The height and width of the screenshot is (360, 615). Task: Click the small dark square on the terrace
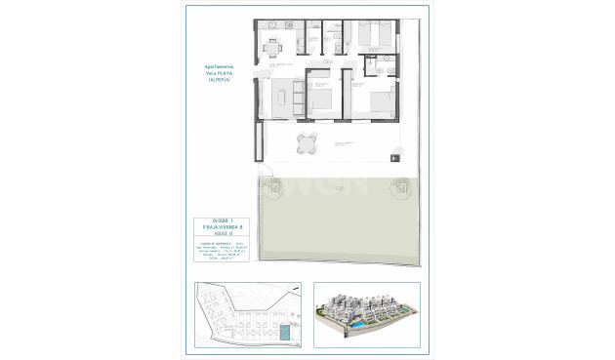pyautogui.click(x=394, y=158)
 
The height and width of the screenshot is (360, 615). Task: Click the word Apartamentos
pyautogui.click(x=217, y=67)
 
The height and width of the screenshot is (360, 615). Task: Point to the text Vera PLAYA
pyautogui.click(x=217, y=74)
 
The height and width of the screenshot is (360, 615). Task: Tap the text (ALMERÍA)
pyautogui.click(x=217, y=81)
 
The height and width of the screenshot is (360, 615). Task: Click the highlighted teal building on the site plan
pyautogui.click(x=284, y=334)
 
